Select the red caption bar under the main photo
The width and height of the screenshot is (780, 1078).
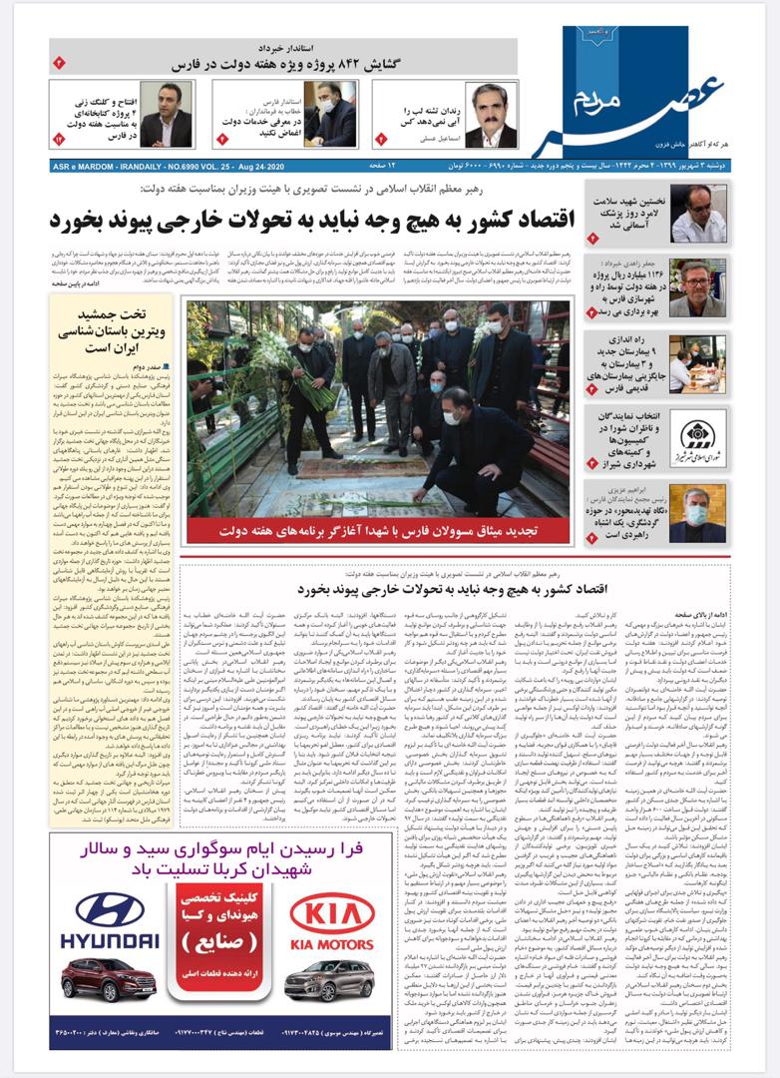378,530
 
